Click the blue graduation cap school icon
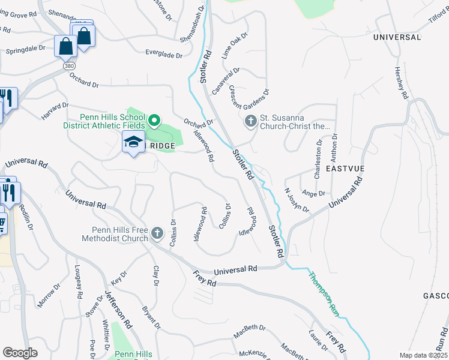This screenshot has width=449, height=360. (x=133, y=142)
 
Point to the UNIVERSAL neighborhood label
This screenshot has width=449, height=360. (x=397, y=37)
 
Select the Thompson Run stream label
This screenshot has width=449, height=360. (x=323, y=293)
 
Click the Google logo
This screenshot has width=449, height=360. (x=20, y=352)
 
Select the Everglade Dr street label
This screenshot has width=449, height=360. (x=164, y=55)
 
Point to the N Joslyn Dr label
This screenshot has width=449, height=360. (x=297, y=200)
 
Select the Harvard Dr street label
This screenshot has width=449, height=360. (x=55, y=110)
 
